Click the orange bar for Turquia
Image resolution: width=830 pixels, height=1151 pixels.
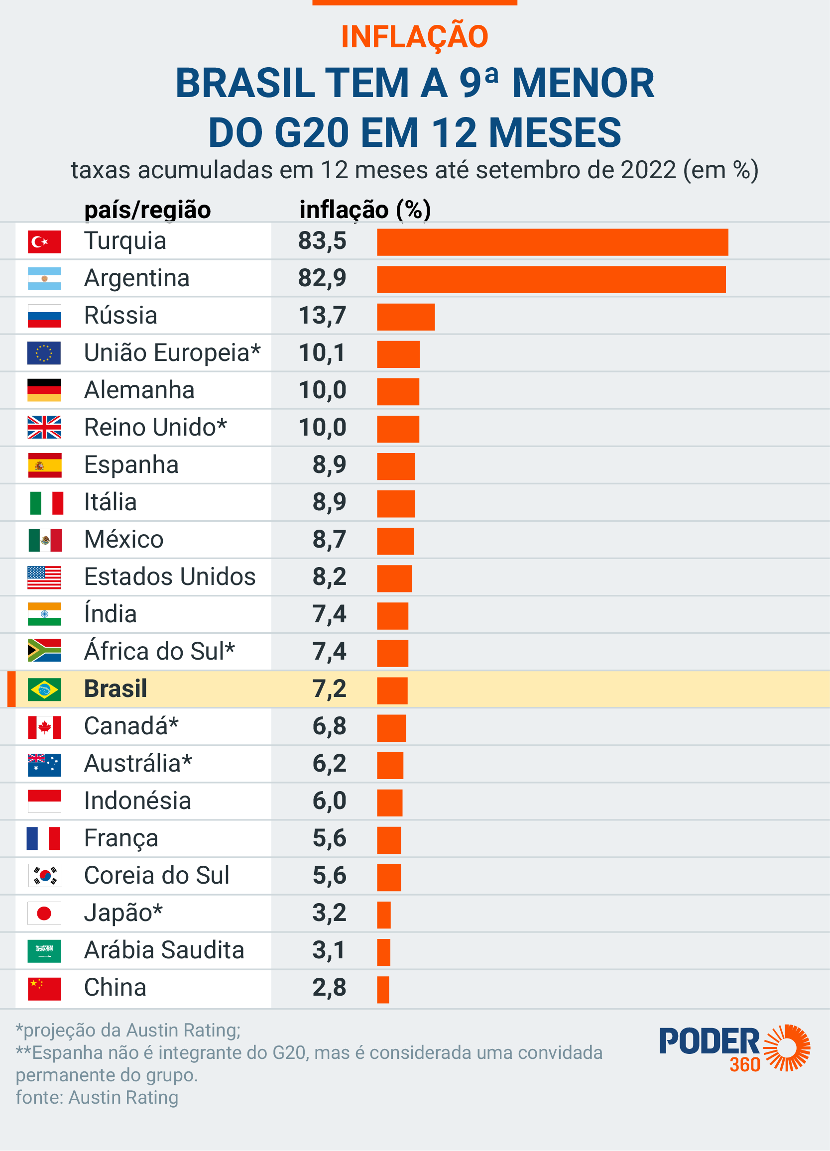tap(552, 242)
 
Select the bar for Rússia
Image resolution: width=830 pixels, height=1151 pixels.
tap(406, 317)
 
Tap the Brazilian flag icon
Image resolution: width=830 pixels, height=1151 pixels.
tap(45, 689)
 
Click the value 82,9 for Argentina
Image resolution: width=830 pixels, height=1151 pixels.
tap(322, 278)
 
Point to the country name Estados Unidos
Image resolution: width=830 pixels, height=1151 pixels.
tap(170, 576)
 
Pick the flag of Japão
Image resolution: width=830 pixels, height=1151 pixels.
tap(45, 913)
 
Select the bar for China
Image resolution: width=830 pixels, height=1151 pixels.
tap(383, 990)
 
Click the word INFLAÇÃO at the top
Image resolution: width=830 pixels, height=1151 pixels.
tap(414, 37)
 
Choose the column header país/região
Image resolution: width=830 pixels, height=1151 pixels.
tap(147, 210)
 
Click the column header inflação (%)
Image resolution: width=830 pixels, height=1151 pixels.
tap(365, 210)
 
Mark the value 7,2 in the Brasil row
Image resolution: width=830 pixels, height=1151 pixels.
tap(329, 689)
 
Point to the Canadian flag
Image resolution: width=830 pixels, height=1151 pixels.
tap(45, 727)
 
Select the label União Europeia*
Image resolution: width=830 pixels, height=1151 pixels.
tap(172, 352)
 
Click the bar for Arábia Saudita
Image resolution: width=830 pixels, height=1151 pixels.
tap(383, 952)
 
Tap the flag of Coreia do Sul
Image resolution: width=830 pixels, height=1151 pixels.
tap(45, 875)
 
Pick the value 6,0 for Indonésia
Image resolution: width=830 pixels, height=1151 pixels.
tap(329, 801)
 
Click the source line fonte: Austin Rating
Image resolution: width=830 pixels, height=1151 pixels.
tap(97, 1097)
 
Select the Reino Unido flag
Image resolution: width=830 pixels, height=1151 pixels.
tap(45, 427)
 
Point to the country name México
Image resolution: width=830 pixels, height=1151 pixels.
tap(124, 540)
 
